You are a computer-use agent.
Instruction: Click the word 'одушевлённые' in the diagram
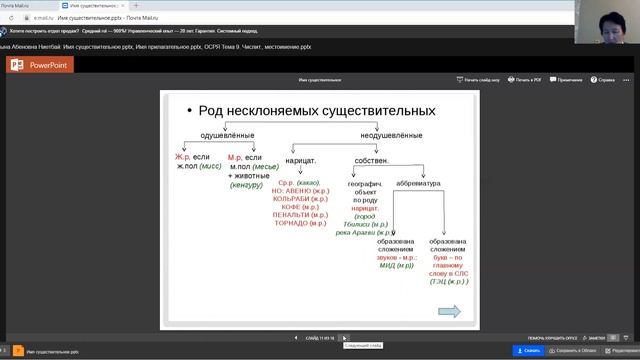228,135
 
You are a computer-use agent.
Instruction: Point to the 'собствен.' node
370,160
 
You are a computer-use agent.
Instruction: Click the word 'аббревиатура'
415,182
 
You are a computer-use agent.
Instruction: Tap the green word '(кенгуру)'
246,185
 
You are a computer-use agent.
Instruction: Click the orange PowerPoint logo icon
16,64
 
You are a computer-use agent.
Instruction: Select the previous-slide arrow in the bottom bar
296,338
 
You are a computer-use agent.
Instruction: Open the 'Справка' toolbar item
606,78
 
